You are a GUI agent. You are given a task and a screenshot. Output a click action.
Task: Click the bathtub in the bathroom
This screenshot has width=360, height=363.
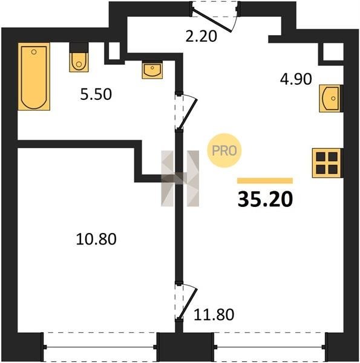(34, 77)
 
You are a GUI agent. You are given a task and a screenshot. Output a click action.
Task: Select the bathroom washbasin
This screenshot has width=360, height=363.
(152, 70)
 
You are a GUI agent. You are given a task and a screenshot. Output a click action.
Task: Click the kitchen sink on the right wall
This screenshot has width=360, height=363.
(330, 99)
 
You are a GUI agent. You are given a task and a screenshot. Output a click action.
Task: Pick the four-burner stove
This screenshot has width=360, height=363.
(327, 163)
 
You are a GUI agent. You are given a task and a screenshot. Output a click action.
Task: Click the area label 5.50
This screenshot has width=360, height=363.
(96, 94)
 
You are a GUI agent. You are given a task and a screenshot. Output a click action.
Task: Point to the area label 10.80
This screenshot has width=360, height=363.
(96, 239)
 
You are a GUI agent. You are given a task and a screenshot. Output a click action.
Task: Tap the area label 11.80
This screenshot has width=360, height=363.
(214, 315)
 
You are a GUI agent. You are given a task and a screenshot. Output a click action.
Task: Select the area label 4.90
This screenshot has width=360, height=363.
(296, 79)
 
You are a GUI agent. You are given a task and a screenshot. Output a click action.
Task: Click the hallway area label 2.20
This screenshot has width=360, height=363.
(201, 36)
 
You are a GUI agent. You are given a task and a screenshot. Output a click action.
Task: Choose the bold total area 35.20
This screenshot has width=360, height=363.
(265, 199)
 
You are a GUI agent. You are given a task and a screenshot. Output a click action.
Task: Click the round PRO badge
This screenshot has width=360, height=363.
(224, 151)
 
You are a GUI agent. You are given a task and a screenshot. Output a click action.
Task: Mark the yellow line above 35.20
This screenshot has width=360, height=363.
(265, 180)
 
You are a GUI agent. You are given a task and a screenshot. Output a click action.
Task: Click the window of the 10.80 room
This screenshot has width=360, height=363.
(100, 347)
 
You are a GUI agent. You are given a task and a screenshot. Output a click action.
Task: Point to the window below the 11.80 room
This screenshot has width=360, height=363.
(270, 347)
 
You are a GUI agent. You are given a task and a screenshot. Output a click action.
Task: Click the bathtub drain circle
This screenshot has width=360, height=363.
(34, 52)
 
